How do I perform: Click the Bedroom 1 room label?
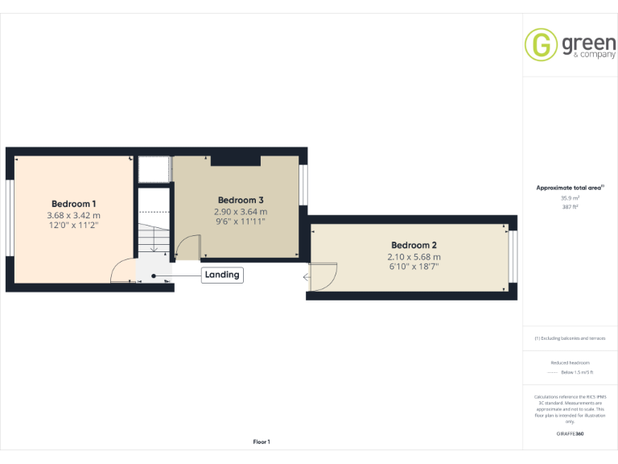pyautogui.click(x=73, y=204)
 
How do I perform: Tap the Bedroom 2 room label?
pyautogui.click(x=414, y=245)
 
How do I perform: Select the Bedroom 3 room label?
pyautogui.click(x=241, y=200)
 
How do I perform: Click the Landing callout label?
pyautogui.click(x=222, y=275)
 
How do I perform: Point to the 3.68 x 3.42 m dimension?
pyautogui.click(x=73, y=215)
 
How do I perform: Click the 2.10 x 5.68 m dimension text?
pyautogui.click(x=414, y=257)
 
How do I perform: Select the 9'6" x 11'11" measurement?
pyautogui.click(x=241, y=222)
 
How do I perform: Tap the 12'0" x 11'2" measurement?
pyautogui.click(x=73, y=226)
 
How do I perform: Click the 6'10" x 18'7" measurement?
pyautogui.click(x=414, y=267)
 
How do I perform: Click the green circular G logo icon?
pyautogui.click(x=541, y=44)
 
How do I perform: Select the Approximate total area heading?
pyautogui.click(x=570, y=188)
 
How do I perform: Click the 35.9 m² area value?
pyautogui.click(x=570, y=197)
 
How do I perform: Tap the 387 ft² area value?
pyautogui.click(x=570, y=206)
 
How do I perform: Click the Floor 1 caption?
pyautogui.click(x=262, y=441)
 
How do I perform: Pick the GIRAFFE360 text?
pyautogui.click(x=570, y=434)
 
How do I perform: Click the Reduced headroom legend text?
pyautogui.click(x=570, y=362)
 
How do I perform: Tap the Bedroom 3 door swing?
pyautogui.click(x=187, y=246)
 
